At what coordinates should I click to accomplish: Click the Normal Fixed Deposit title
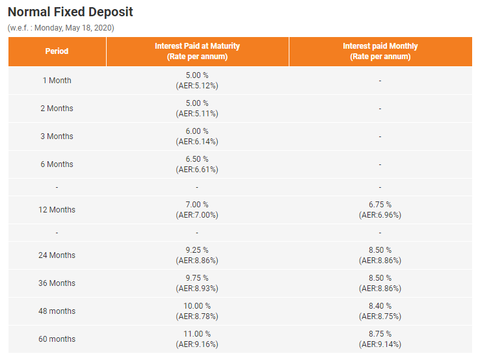coord(70,12)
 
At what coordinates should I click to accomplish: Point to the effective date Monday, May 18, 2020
coord(74,28)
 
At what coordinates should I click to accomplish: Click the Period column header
coord(57,51)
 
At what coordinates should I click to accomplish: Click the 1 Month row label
coord(57,81)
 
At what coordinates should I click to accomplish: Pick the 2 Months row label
coord(57,109)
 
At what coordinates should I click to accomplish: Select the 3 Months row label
coord(57,136)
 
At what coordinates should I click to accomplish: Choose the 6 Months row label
coord(57,164)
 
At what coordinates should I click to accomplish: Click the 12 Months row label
coord(57,210)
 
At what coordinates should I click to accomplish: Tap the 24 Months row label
coord(57,255)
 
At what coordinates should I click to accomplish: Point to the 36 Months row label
coord(57,283)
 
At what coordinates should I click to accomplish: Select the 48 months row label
coord(57,311)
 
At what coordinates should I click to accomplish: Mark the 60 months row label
coord(57,339)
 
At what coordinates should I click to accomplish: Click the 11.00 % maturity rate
coord(197,334)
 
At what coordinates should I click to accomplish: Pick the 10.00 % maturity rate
coord(197,306)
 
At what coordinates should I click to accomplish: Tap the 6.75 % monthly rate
coord(380,205)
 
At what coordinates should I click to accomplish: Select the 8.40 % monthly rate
coord(380,306)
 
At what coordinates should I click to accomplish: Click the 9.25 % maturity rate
coord(197,250)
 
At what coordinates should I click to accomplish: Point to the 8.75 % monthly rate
coord(380,334)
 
